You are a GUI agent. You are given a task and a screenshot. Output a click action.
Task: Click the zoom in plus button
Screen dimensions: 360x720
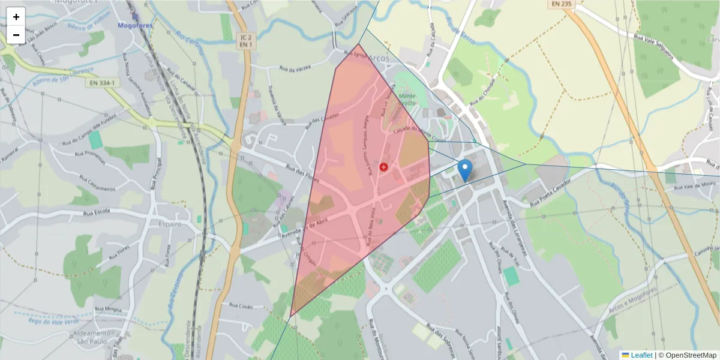(x=16, y=17)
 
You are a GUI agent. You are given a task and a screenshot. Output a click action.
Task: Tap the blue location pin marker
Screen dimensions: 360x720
(x=465, y=170)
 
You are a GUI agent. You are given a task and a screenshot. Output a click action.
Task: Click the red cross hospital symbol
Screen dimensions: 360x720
(x=383, y=167)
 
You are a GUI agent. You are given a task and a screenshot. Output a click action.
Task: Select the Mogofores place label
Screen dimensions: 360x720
(x=135, y=26)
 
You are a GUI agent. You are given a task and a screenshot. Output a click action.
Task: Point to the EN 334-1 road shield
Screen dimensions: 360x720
(x=100, y=82)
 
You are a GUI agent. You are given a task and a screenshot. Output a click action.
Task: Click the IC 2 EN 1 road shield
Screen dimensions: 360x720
(x=245, y=41)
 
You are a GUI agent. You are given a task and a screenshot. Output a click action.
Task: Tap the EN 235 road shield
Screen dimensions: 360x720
(x=561, y=4)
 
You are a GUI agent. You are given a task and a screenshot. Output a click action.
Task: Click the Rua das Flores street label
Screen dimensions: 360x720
(x=301, y=175)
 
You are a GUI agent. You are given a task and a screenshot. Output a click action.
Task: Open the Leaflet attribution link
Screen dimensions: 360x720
(x=641, y=355)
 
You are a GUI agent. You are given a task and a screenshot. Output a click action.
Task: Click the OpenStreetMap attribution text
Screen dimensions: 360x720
(x=688, y=355)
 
